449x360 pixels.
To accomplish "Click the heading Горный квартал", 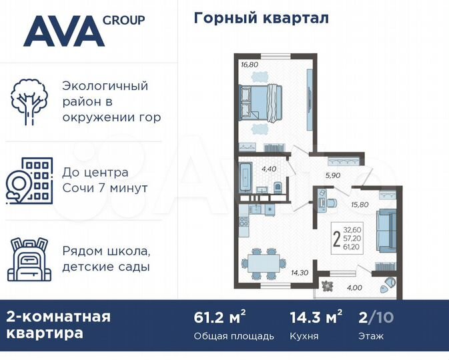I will tap(261, 18).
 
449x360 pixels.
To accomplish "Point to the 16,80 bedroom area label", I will tap(250, 65).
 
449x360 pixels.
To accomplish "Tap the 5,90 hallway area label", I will tap(333, 176).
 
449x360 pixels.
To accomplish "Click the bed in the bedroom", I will tap(262, 103).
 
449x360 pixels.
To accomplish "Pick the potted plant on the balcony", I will tap(327, 285).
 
